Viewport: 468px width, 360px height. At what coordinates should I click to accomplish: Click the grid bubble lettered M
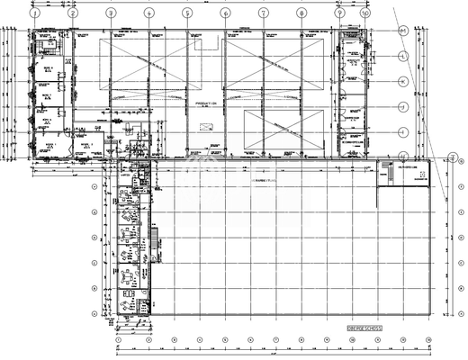click(x=404, y=30)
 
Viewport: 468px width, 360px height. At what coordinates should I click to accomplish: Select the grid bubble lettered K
click(x=404, y=81)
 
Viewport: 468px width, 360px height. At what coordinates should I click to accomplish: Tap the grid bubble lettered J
click(x=404, y=106)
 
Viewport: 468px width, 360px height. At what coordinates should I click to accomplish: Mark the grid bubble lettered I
click(x=404, y=131)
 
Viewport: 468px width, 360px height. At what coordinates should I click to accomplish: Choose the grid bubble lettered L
click(x=404, y=56)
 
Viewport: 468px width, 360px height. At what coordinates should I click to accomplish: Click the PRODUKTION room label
click(x=205, y=103)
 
